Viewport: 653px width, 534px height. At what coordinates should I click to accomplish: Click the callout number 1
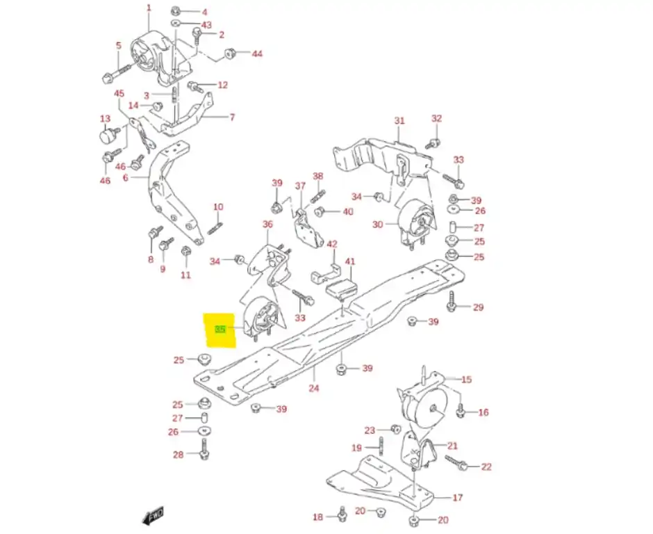tap(148, 8)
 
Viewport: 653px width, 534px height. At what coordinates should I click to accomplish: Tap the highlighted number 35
tap(220, 328)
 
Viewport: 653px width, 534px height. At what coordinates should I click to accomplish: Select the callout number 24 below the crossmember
tap(314, 388)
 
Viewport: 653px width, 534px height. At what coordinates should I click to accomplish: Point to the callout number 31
tap(399, 121)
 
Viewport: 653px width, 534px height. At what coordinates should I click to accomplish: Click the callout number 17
tap(457, 498)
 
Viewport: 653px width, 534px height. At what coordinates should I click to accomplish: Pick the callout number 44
tap(256, 54)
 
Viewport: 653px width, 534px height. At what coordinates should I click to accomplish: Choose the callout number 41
tap(350, 262)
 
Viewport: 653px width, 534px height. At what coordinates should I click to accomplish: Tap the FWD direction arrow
tap(153, 515)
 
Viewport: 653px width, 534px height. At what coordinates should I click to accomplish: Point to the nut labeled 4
tap(176, 12)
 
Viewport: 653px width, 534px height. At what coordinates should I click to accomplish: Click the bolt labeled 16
tap(461, 412)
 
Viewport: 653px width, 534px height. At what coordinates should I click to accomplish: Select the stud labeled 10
tap(215, 227)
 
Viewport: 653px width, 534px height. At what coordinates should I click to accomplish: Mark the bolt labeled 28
tap(204, 454)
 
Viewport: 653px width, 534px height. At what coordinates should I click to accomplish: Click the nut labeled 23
tap(394, 428)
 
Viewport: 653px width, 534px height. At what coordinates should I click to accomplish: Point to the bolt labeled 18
tap(341, 515)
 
